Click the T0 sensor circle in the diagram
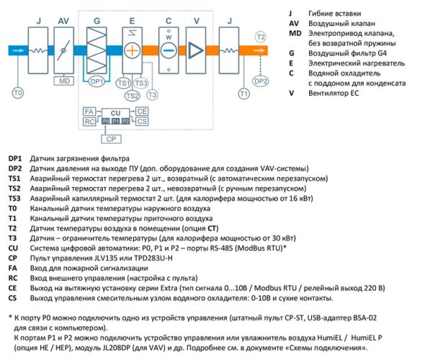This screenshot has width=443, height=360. pos(19,94)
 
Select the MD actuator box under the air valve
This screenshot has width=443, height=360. pos(63,81)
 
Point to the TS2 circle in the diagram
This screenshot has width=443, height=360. pos(132,95)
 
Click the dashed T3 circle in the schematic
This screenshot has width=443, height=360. pos(152,94)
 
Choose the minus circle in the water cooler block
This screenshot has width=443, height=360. pos(167,51)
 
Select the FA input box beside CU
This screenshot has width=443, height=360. pos(89,112)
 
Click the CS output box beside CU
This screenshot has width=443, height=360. pos(143,122)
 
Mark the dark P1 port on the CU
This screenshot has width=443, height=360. pos(115,122)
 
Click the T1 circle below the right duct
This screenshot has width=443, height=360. pos(243,94)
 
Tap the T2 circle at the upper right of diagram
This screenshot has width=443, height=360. pos(261,36)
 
